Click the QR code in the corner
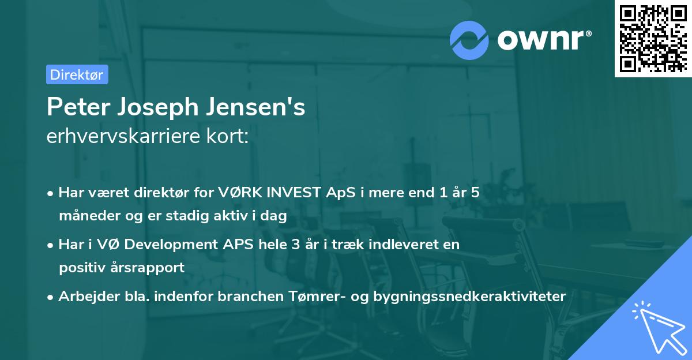(653, 39)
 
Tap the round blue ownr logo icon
(469, 39)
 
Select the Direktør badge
(77, 74)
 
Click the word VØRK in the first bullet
(237, 193)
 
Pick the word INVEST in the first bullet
(291, 193)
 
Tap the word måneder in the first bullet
(84, 216)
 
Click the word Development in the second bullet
(172, 245)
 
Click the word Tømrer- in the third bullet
(310, 297)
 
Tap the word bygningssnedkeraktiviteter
(470, 297)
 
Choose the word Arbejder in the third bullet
(85, 297)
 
